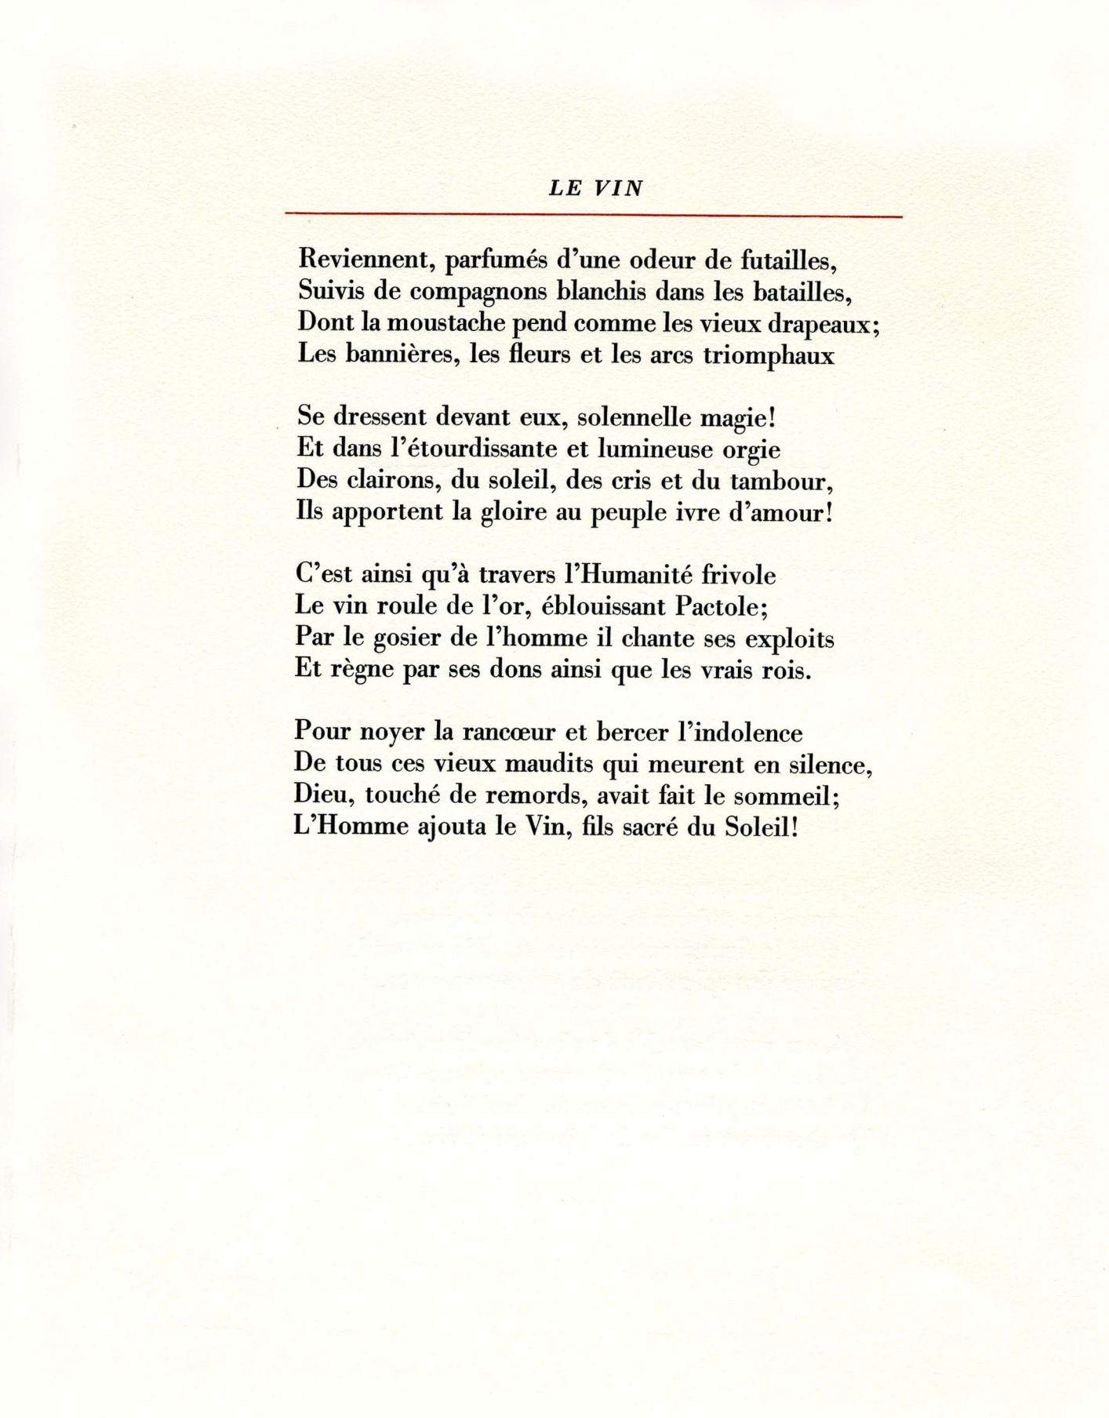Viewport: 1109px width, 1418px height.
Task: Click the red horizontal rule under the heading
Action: point(594,215)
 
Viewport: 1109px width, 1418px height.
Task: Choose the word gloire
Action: point(515,514)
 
